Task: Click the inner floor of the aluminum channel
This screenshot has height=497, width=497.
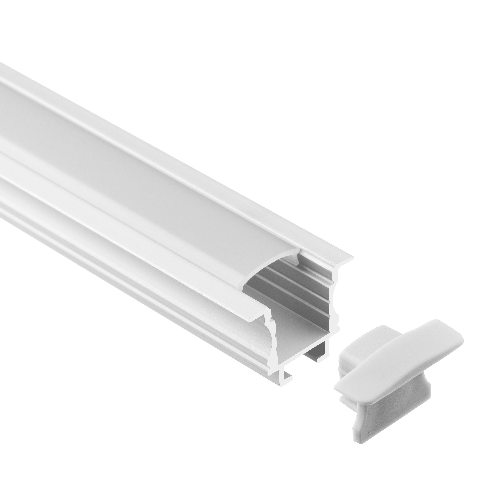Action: pos(304,334)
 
